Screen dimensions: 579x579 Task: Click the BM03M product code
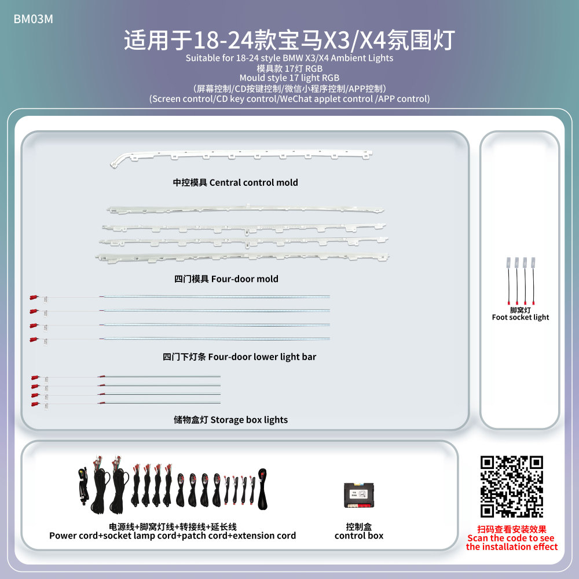click(x=33, y=19)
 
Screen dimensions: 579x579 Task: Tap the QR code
click(x=511, y=486)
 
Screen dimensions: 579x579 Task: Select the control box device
click(x=358, y=495)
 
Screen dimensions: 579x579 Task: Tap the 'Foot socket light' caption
click(x=521, y=317)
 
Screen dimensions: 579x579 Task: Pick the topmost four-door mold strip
click(x=245, y=209)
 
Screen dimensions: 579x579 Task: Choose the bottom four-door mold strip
click(x=242, y=257)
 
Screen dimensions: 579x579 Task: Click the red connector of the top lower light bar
click(x=34, y=297)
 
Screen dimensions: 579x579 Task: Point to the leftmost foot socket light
click(x=508, y=281)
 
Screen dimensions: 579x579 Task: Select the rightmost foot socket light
click(x=533, y=281)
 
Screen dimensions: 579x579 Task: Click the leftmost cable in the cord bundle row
click(x=83, y=484)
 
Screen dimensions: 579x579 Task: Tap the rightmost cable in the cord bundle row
click(x=262, y=489)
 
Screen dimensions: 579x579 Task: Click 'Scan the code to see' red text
click(x=511, y=538)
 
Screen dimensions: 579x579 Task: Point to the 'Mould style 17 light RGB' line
click(x=289, y=78)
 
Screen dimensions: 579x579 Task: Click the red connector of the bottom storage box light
click(x=35, y=405)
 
